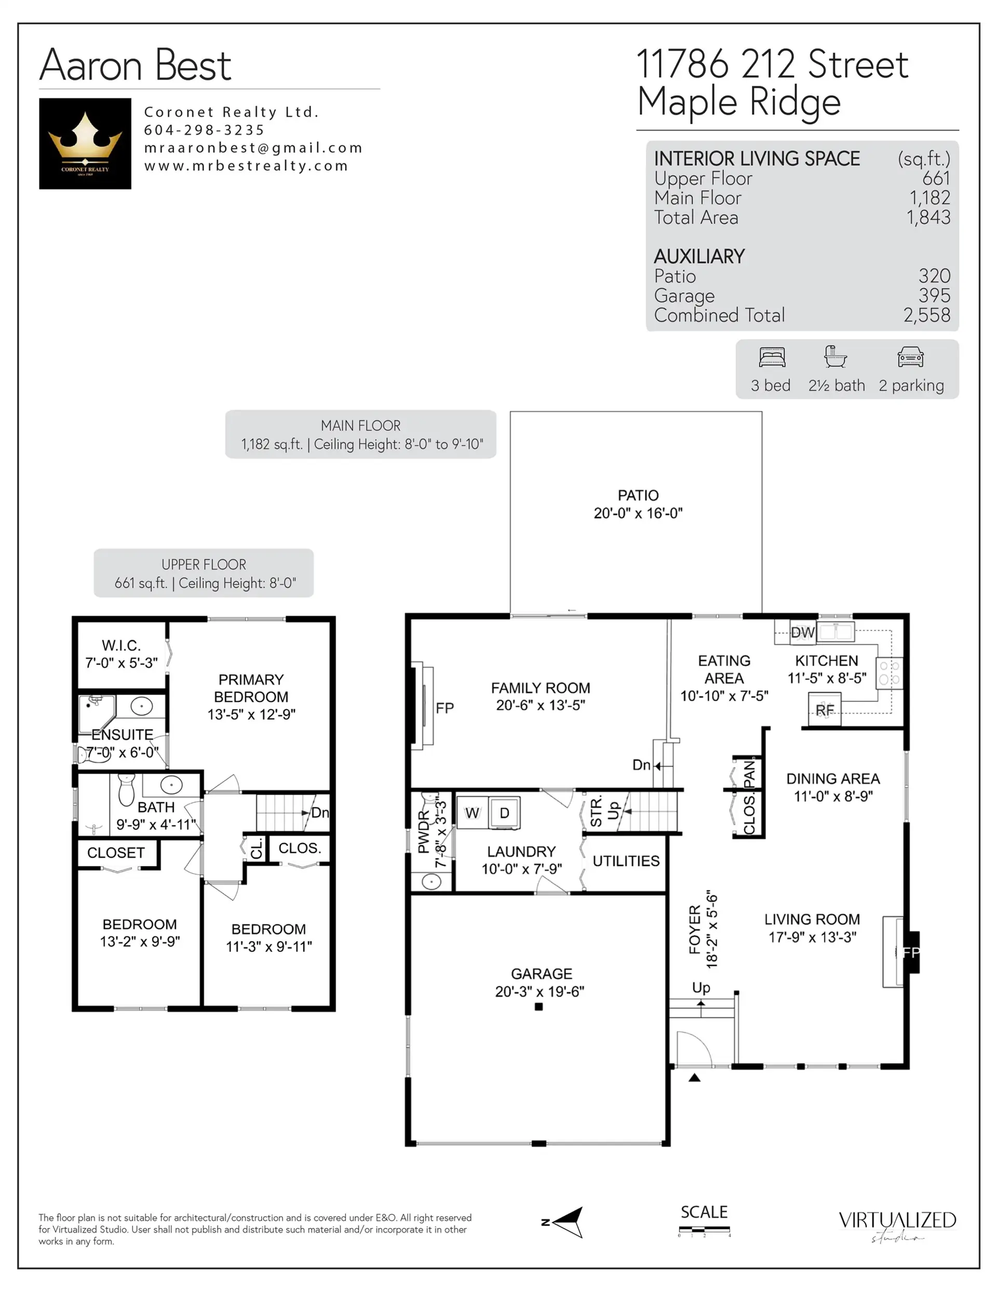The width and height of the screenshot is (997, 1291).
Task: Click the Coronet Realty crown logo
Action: (85, 143)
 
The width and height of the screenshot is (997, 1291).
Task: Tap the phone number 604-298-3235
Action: (204, 130)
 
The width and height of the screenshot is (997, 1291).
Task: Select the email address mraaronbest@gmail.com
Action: (253, 148)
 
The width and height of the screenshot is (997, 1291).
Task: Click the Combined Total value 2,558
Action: (926, 315)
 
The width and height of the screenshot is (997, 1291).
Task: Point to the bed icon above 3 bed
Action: (772, 357)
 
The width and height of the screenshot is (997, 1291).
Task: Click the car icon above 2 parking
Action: (910, 357)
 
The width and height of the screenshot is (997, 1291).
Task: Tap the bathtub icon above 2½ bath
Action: (835, 357)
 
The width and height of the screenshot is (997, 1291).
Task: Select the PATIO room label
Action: (638, 495)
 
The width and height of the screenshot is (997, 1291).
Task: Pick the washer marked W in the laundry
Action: (471, 814)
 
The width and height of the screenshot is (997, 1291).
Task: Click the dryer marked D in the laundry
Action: (504, 814)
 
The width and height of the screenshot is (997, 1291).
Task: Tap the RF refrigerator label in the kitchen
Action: (825, 710)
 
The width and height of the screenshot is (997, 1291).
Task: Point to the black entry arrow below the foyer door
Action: (694, 1077)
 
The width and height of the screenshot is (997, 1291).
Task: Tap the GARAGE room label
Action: (542, 974)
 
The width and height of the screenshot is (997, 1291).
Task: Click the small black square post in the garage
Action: (538, 1007)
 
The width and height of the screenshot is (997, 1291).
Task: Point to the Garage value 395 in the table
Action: (934, 296)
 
